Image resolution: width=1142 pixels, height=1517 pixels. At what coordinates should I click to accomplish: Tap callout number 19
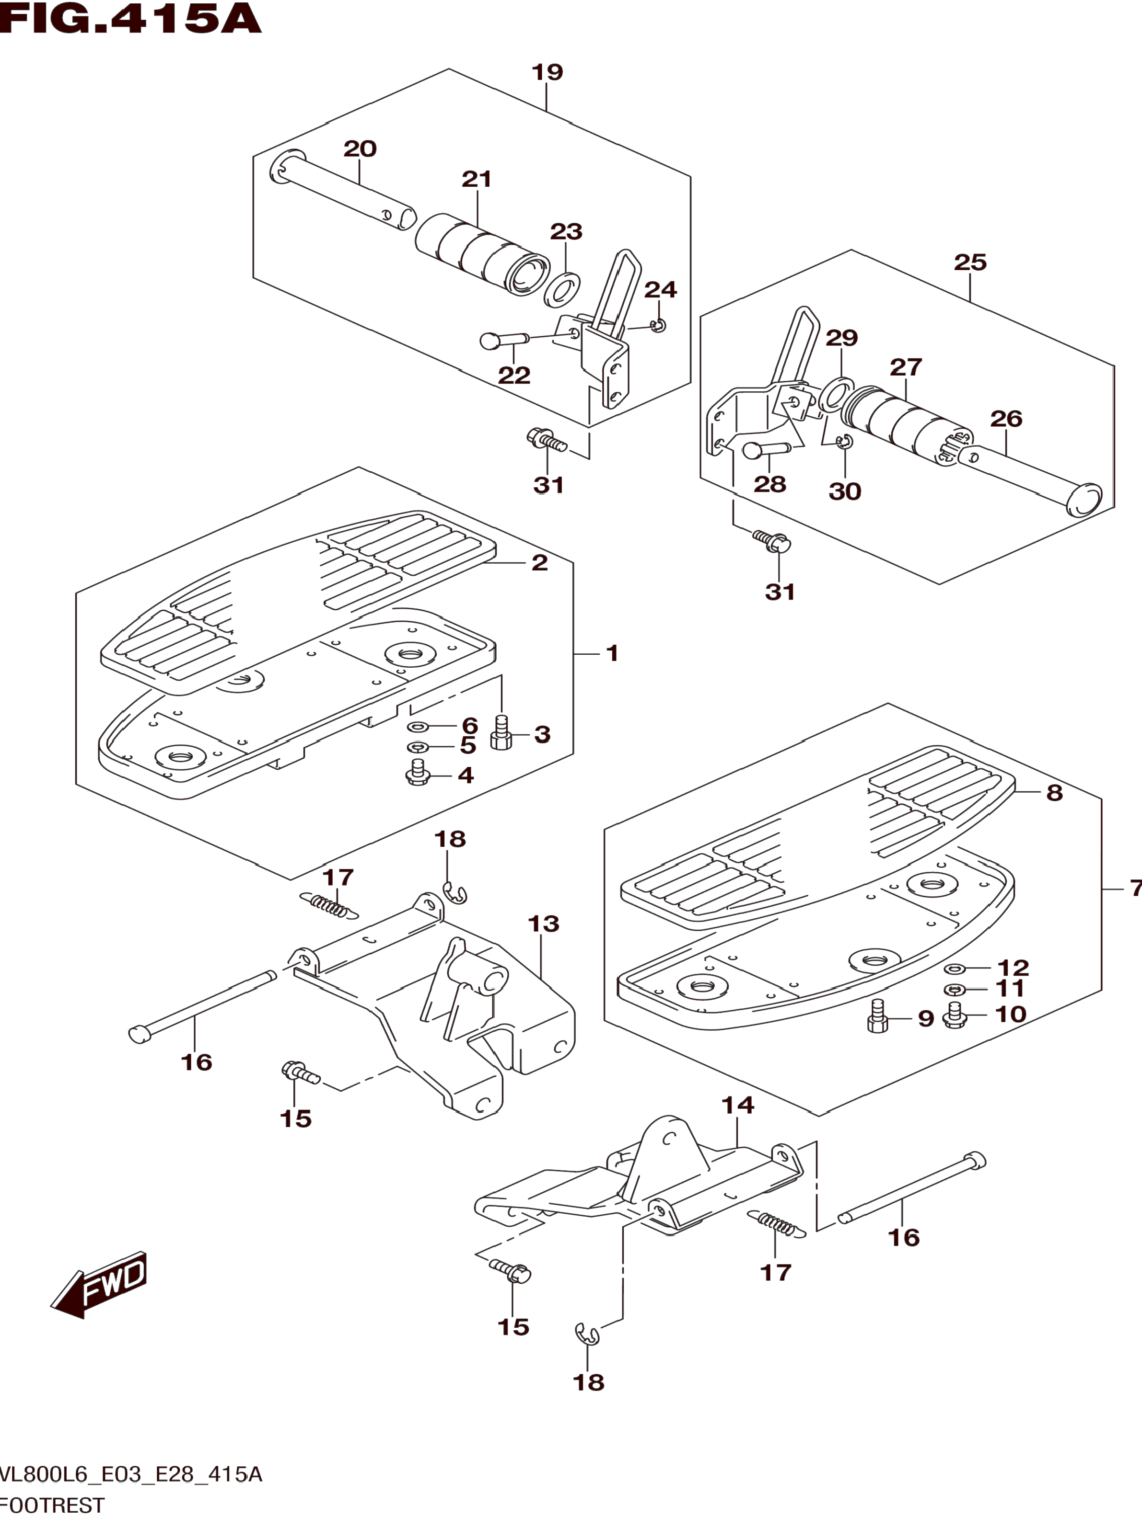pos(547,71)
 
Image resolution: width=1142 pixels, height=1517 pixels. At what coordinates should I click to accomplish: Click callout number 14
pos(738,1105)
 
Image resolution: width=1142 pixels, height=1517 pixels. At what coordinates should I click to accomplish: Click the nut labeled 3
pos(501,733)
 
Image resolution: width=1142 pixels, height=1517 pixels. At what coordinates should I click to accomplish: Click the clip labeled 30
pos(844,443)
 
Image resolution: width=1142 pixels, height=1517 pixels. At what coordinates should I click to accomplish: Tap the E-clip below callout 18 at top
pos(454,893)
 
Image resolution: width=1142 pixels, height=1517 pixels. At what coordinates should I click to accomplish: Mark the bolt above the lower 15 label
pos(511,1271)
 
